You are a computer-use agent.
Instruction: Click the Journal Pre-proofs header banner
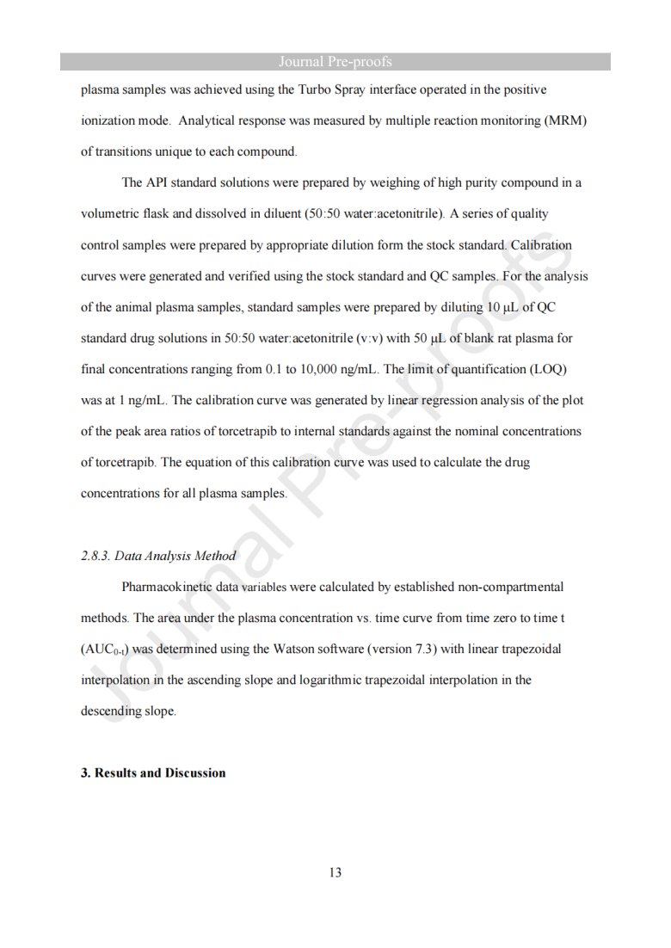pos(335,62)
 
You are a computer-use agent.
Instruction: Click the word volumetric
pos(110,213)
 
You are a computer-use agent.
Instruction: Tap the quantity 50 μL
pos(421,338)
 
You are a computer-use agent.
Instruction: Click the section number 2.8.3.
pos(95,556)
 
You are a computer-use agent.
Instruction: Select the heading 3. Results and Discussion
pos(153,773)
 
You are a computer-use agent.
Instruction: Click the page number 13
pos(335,873)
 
